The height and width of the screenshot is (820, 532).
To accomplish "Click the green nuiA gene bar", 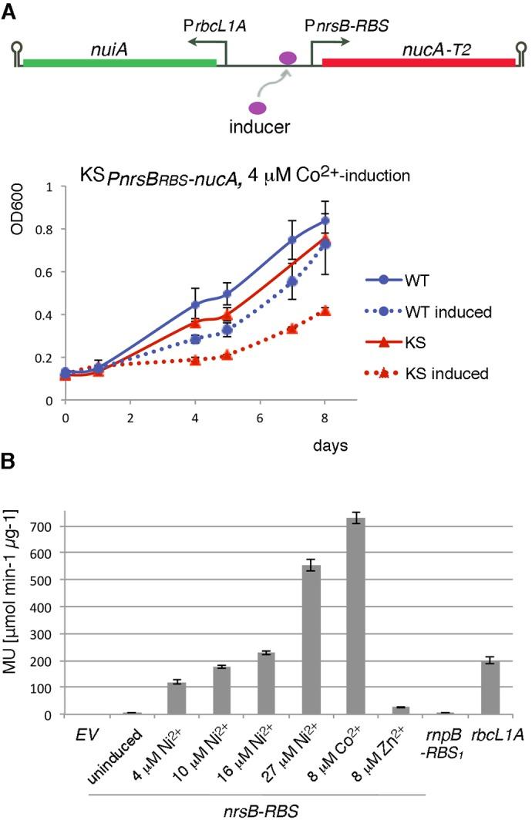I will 120,62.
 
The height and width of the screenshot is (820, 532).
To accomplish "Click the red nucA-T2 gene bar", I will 418,62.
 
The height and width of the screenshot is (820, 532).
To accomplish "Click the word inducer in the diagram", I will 259,126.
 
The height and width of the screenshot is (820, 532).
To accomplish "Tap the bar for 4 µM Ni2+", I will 180,697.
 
